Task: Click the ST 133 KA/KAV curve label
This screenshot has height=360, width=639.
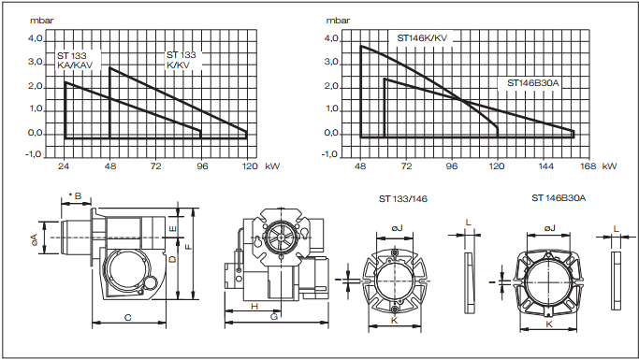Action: [75, 60]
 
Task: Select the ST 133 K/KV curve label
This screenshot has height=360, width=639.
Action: [182, 60]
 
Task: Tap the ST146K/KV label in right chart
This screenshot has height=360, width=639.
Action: [422, 38]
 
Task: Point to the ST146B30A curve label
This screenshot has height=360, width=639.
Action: [533, 83]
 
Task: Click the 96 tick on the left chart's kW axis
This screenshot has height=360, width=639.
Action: [202, 166]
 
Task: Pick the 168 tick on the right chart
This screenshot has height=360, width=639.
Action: [588, 166]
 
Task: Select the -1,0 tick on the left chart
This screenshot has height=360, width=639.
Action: [34, 154]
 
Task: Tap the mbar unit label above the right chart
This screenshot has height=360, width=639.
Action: [339, 21]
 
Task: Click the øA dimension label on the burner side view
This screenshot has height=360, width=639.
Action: [35, 239]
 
